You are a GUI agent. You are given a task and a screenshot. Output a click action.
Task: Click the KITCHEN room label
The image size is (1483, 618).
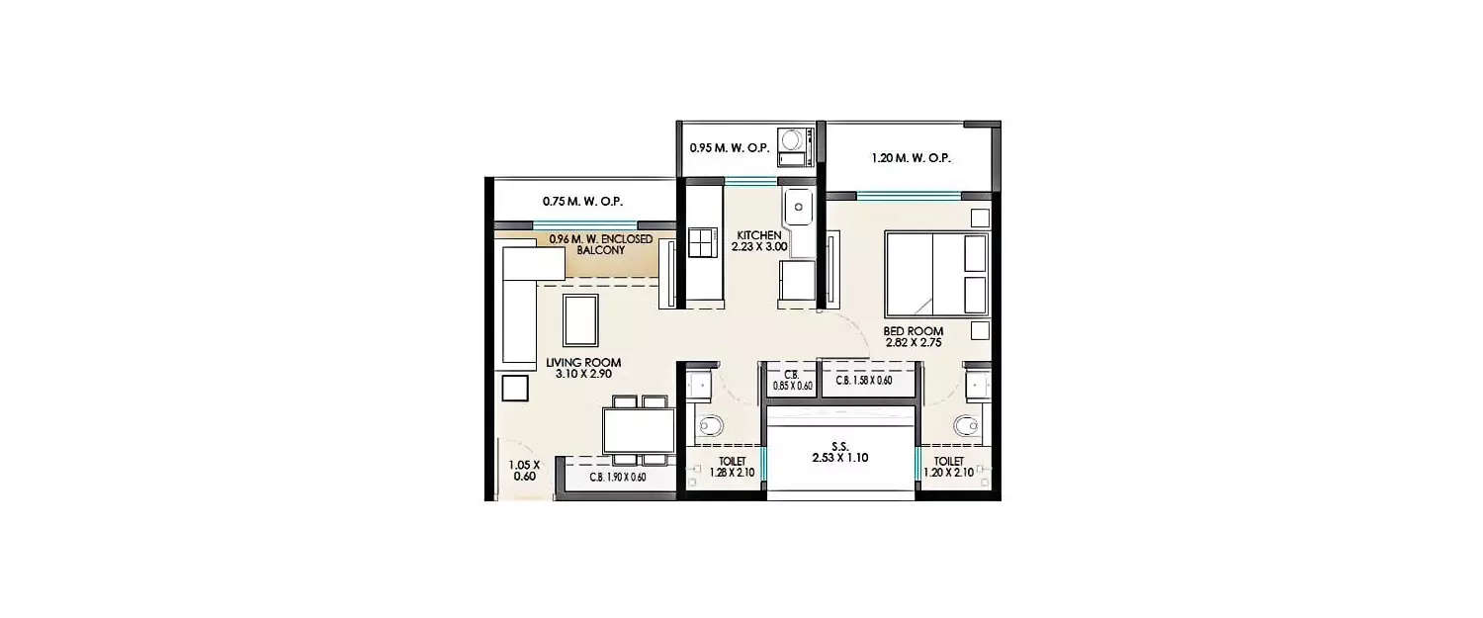point(758,235)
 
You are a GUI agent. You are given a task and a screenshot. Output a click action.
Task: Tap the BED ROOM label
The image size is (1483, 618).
point(913,331)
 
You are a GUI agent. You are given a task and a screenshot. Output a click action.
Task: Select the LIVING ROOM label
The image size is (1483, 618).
point(583,362)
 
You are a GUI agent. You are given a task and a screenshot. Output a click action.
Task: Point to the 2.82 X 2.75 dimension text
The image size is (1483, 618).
point(913,342)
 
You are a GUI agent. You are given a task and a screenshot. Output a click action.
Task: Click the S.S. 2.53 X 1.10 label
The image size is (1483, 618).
point(840,453)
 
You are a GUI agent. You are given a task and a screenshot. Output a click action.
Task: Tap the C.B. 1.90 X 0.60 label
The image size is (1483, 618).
point(618,477)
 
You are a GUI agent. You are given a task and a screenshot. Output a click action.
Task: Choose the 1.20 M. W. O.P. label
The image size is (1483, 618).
point(911,158)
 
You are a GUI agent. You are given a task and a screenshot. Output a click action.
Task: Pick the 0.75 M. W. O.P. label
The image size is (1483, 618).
point(582,202)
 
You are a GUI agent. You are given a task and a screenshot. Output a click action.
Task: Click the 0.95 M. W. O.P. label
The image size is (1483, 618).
point(730,147)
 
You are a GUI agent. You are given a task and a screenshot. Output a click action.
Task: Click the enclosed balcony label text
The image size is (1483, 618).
point(600,244)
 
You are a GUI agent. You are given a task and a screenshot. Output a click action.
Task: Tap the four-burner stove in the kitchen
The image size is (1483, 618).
point(702,242)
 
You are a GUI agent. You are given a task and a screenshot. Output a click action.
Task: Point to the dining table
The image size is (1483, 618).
point(639,430)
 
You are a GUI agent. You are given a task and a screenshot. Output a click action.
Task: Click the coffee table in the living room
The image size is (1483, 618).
point(580,320)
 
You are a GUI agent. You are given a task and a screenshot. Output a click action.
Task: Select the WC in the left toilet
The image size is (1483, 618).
point(710,425)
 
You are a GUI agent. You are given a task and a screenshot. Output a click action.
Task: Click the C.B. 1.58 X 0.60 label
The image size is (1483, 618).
point(863,381)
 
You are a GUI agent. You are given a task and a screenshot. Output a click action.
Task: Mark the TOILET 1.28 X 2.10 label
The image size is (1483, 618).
point(732,467)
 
